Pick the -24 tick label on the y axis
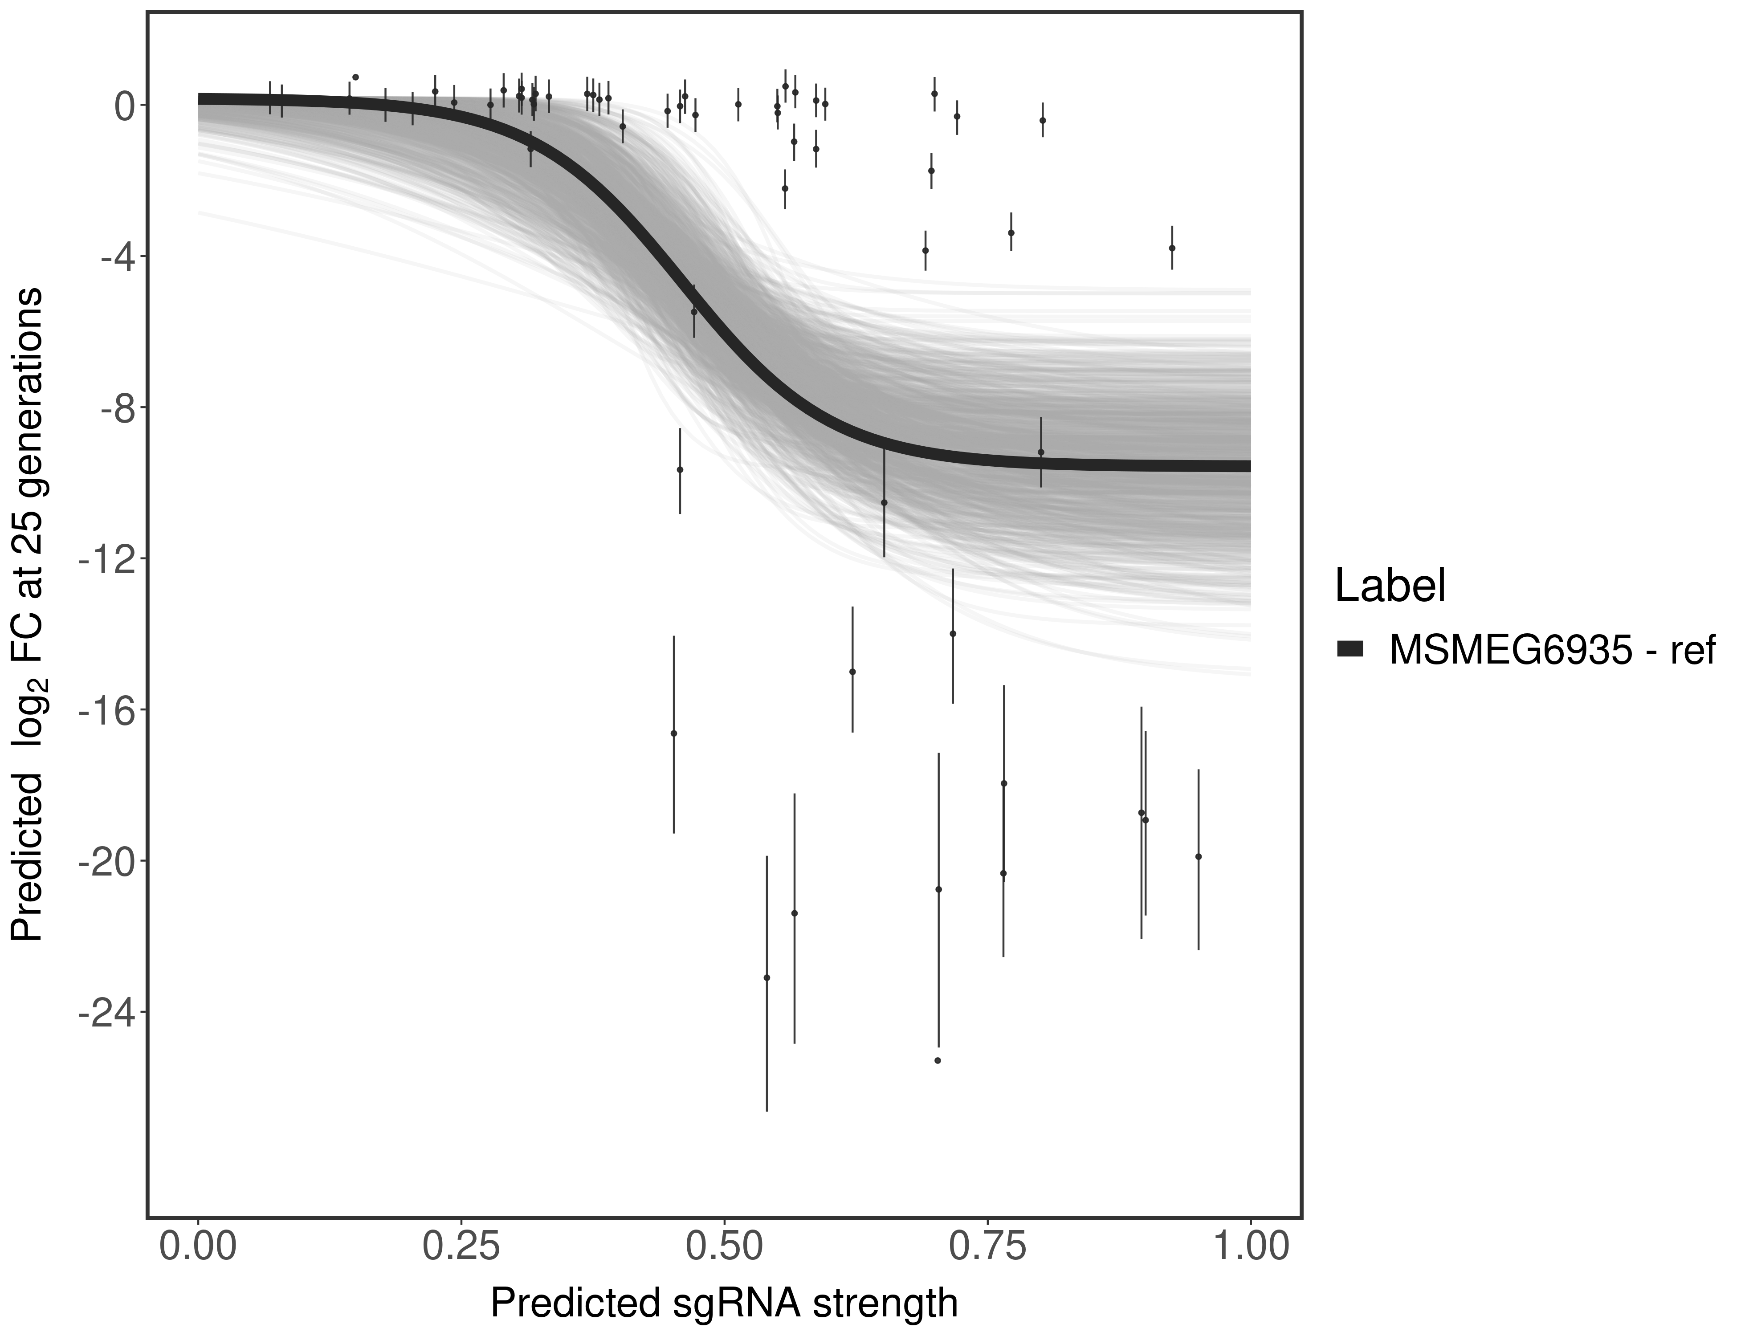tap(106, 1012)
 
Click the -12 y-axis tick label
tap(106, 558)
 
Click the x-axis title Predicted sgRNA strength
tap(724, 1304)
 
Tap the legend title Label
tap(1390, 586)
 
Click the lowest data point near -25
tap(938, 1060)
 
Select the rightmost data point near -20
tap(1199, 856)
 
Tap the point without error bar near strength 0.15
tap(355, 77)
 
